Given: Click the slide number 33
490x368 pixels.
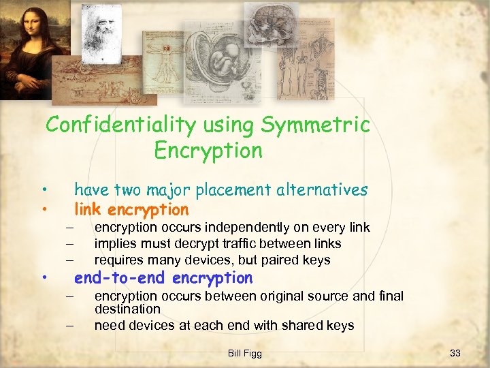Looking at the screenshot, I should click(455, 353).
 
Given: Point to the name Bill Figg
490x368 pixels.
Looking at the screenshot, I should click(245, 353).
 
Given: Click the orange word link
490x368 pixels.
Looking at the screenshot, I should click(88, 209).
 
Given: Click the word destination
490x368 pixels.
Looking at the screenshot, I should click(127, 309).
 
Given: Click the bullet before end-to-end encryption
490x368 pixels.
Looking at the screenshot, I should click(43, 278).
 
